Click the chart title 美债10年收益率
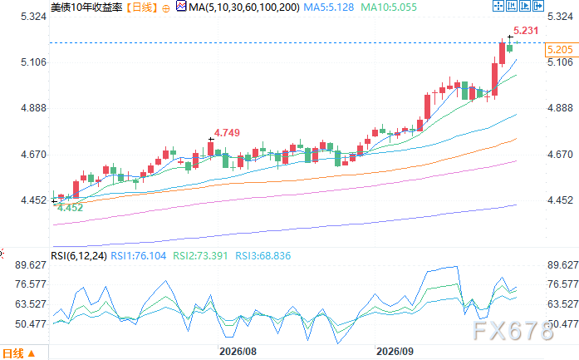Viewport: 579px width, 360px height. coord(86,7)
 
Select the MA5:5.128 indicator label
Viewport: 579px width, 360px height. coord(329,7)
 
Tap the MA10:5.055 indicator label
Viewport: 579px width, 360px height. coord(389,7)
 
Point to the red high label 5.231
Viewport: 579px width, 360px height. coord(526,30)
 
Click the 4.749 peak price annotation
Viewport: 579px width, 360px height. coord(227,133)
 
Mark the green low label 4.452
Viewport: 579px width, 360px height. coord(70,208)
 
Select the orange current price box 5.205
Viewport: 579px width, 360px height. coord(561,50)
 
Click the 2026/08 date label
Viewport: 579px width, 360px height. coord(238,351)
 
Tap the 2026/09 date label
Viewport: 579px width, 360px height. coord(395,351)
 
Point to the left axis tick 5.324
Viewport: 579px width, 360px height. coord(33,17)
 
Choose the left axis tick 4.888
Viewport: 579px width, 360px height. coord(33,108)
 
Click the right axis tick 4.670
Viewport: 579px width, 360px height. coord(560,155)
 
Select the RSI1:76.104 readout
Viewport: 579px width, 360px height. coord(139,256)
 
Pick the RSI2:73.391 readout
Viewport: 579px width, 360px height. coord(200,256)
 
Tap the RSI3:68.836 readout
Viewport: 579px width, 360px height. coord(263,256)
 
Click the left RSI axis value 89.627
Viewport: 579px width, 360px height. coord(31,265)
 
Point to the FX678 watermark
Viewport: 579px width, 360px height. coord(513,330)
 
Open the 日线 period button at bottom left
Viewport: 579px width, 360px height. coord(18,353)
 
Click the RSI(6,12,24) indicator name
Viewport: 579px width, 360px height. coord(79,256)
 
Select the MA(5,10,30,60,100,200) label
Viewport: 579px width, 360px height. coord(244,7)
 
